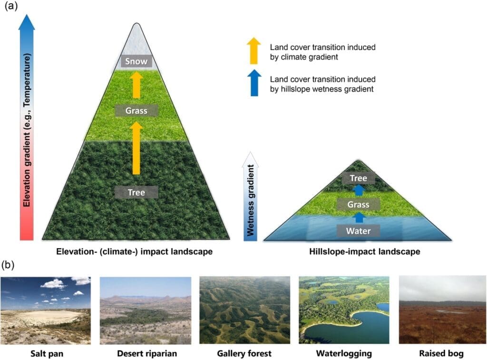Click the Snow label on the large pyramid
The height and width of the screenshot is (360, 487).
tap(136, 61)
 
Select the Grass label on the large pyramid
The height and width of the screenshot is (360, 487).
tap(136, 111)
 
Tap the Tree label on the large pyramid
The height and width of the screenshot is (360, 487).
tap(136, 192)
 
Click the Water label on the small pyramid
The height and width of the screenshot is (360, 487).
tap(359, 231)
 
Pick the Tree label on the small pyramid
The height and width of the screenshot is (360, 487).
tap(359, 178)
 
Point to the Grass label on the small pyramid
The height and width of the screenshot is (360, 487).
tap(359, 204)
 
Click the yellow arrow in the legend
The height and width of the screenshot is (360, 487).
tap(254, 50)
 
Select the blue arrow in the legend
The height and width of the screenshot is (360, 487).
tap(254, 83)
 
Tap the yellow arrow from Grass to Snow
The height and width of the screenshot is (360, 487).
tap(136, 85)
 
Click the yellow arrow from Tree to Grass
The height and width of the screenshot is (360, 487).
tap(136, 148)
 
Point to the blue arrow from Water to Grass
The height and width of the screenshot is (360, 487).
tap(359, 217)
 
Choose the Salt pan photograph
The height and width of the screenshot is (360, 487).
tap(46, 310)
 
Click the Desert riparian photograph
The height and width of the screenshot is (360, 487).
tap(146, 311)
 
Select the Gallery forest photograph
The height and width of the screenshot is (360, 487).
tap(245, 310)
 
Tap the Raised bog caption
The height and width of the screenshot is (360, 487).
tap(441, 353)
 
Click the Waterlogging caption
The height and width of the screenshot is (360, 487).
tap(344, 353)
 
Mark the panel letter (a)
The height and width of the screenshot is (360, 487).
tap(11, 6)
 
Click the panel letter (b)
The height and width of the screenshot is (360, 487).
tap(8, 265)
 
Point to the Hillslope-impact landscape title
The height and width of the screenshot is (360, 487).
tap(365, 251)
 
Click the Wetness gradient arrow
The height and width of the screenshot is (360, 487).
tap(250, 196)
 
